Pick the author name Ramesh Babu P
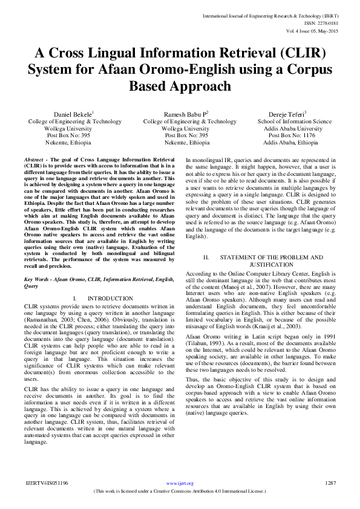coord(185,114)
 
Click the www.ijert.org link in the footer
coord(180,484)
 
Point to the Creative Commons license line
coord(180,491)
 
